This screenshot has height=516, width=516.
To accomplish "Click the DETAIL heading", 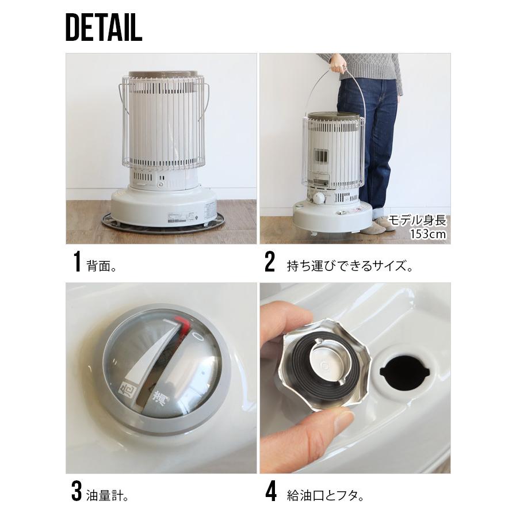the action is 104,27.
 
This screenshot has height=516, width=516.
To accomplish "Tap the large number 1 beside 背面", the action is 77,262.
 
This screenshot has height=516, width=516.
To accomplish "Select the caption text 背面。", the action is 102,266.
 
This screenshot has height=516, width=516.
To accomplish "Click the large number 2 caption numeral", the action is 270,262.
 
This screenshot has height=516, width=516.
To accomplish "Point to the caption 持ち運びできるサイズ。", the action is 350,266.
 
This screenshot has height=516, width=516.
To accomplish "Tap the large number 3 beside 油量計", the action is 77,491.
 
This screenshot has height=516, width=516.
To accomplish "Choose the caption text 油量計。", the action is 107,496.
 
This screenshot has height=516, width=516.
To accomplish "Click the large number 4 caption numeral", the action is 270,491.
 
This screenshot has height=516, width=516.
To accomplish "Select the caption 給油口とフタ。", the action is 326,496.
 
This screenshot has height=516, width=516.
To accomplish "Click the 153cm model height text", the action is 427,234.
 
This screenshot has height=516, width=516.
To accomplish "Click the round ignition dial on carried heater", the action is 319,198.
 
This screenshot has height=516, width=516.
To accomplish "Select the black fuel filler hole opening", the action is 404,372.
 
